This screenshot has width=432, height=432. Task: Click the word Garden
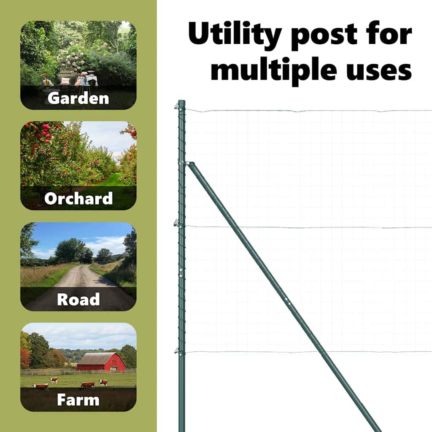click(x=78, y=98)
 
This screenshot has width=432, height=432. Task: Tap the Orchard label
click(x=78, y=198)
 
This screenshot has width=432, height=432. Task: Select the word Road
click(x=78, y=299)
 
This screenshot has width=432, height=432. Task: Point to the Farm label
click(x=78, y=400)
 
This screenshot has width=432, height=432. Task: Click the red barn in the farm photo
click(x=101, y=362)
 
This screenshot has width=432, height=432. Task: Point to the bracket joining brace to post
click(x=186, y=163)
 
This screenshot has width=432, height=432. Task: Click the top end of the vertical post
click(x=181, y=101)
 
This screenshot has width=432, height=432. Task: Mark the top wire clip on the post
click(x=177, y=105)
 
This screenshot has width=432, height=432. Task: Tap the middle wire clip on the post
click(x=177, y=223)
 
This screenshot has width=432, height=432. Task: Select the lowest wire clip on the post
click(x=177, y=351)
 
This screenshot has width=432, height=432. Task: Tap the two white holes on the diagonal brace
click(x=288, y=301)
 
